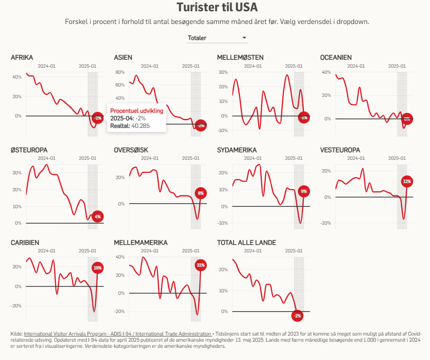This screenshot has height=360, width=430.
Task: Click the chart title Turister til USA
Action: click(x=217, y=8)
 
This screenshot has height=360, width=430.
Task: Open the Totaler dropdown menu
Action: click(x=217, y=38)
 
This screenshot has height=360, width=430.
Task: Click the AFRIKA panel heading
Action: click(x=22, y=57)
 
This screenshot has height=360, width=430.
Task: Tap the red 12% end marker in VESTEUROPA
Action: click(x=407, y=181)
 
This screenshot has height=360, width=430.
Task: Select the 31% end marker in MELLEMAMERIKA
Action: click(x=201, y=266)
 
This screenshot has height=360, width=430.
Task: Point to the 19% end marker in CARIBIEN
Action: click(x=98, y=268)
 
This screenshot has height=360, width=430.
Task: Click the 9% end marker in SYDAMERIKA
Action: click(x=304, y=191)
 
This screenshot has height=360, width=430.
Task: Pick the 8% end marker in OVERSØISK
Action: click(x=201, y=193)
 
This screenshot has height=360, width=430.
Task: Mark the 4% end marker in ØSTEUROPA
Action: click(x=97, y=217)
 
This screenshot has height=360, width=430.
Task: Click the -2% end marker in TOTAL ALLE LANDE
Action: click(x=297, y=316)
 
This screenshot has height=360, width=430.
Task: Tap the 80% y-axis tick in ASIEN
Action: click(x=120, y=72)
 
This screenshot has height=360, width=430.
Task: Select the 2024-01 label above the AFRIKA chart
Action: click(x=47, y=66)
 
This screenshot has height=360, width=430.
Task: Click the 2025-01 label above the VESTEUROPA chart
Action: click(x=397, y=158)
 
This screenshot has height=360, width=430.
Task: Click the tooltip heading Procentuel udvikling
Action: click(x=136, y=110)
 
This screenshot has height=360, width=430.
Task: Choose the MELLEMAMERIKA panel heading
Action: click(x=141, y=243)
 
